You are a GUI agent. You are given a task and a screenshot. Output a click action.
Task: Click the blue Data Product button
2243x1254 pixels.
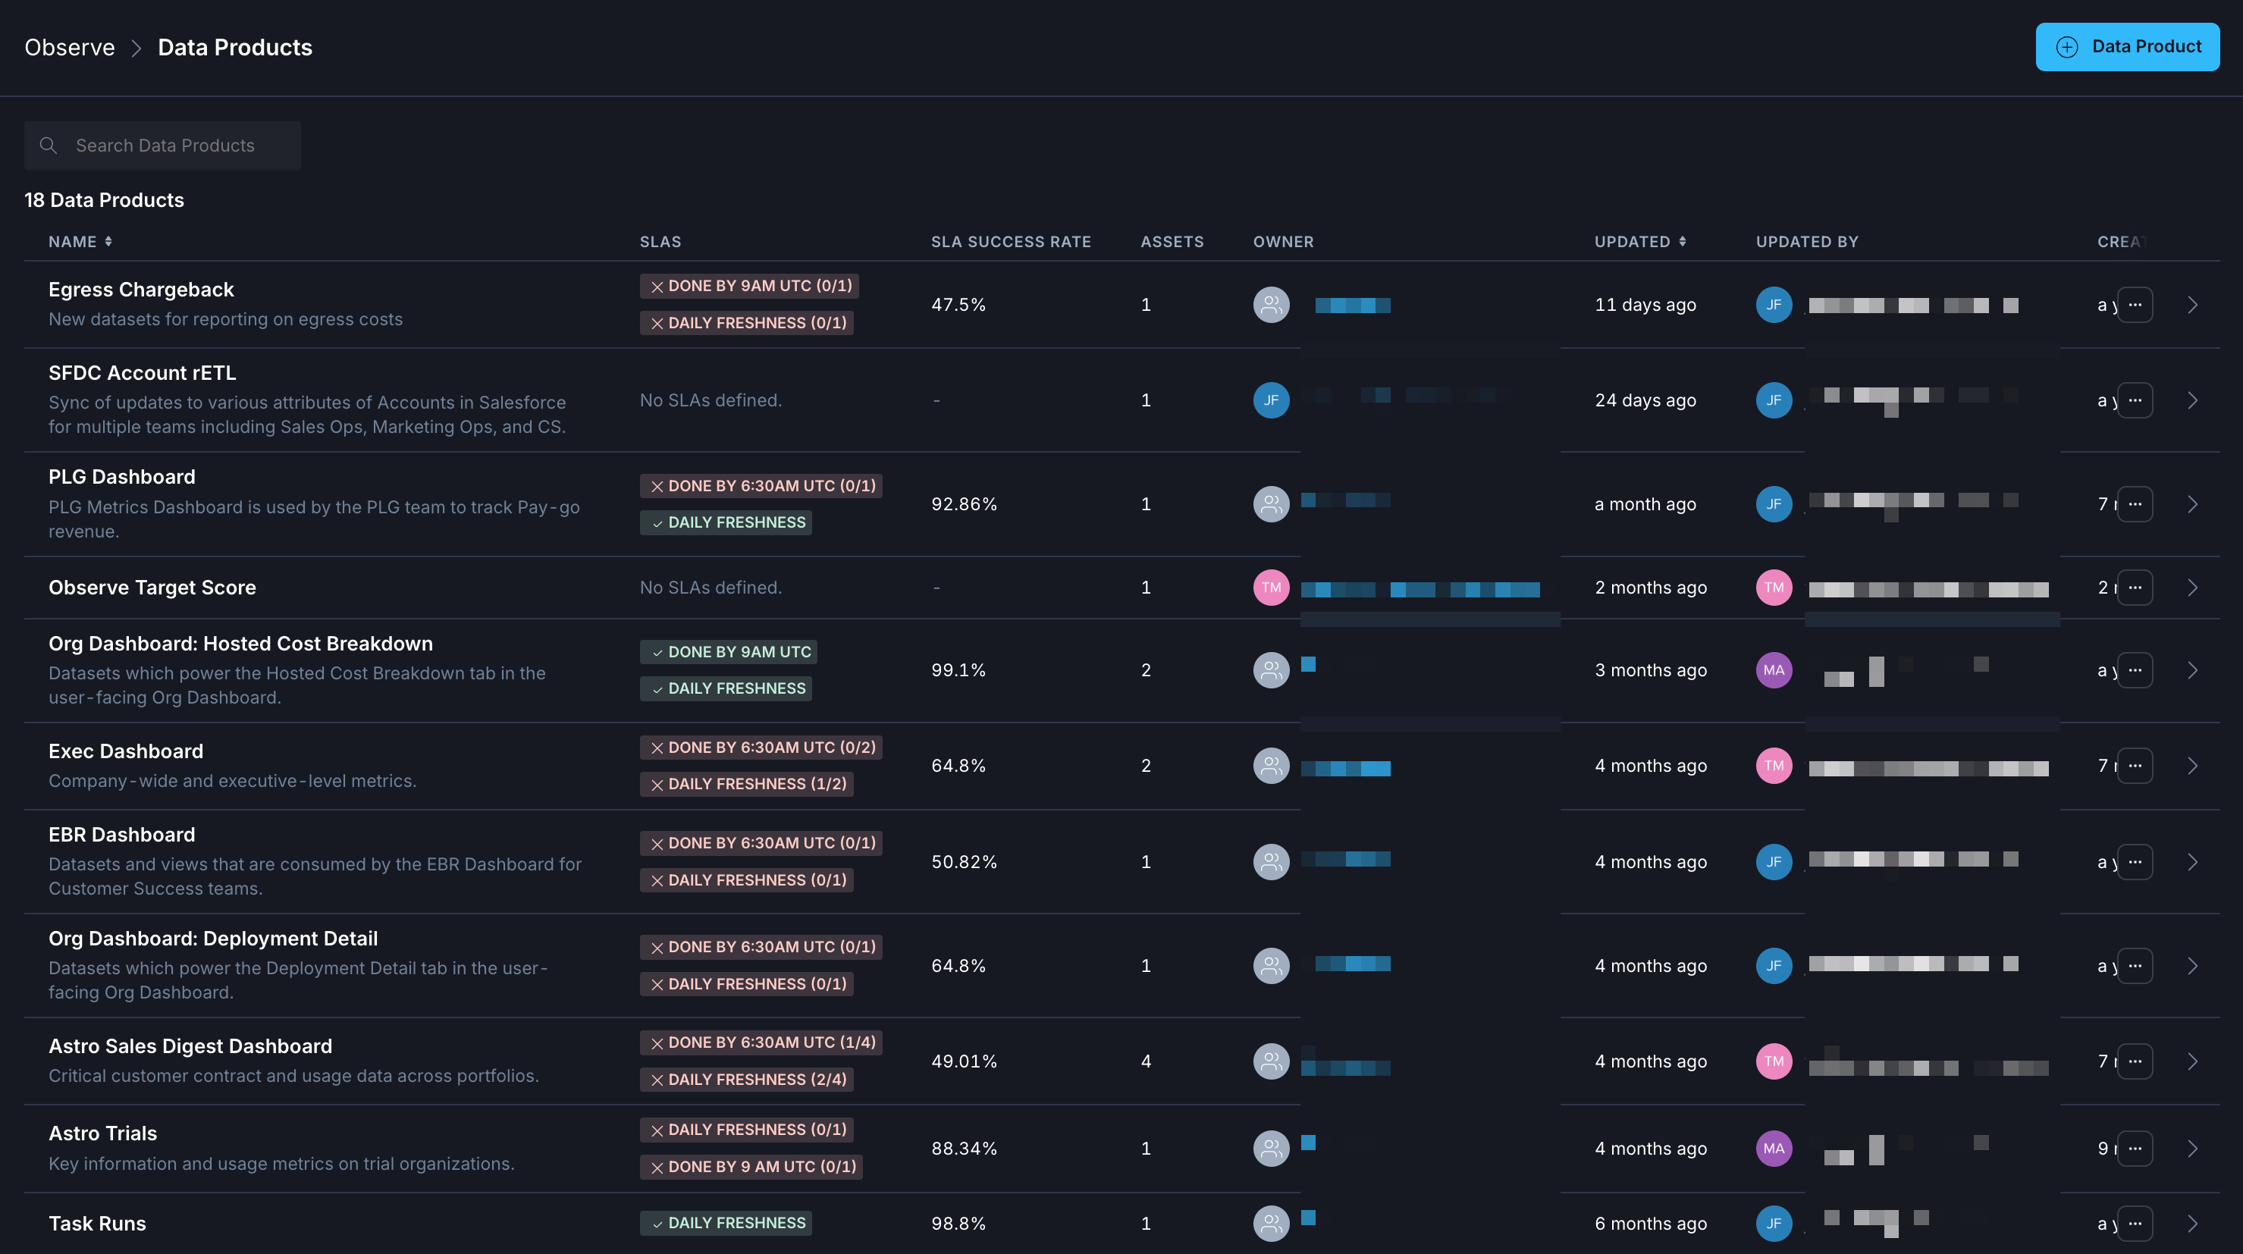[2126, 47]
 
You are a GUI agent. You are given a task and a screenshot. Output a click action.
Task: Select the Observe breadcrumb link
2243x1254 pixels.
[70, 47]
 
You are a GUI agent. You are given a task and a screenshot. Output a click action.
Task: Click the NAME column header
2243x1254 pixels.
[73, 242]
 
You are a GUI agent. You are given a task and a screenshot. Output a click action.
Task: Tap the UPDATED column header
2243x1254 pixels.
[1633, 242]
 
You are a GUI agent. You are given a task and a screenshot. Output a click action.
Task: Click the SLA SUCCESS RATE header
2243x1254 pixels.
[1010, 242]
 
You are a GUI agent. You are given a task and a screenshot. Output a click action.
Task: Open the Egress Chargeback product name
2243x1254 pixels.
[141, 289]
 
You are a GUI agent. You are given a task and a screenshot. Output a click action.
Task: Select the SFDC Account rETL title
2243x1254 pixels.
[142, 373]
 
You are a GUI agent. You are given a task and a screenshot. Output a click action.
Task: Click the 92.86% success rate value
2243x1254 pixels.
[964, 504]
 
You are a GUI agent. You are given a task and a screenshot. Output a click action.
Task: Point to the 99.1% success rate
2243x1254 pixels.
[958, 670]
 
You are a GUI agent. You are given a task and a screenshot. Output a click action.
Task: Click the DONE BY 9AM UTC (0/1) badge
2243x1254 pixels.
[750, 287]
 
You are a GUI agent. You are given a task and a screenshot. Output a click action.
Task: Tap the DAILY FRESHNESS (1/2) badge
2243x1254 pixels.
[746, 785]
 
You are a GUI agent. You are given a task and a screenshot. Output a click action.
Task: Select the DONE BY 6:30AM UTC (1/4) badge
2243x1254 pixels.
[761, 1042]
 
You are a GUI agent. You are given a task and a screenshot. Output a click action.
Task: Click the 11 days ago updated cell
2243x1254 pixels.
[1645, 305]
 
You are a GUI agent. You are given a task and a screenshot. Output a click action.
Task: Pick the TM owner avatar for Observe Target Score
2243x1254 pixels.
[1270, 588]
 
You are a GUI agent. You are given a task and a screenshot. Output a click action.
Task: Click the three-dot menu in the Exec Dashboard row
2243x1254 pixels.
[2134, 767]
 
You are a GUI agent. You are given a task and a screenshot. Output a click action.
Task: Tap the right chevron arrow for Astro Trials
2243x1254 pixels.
[2192, 1149]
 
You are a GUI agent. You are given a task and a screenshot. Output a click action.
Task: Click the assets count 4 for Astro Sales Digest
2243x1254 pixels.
[1146, 1061]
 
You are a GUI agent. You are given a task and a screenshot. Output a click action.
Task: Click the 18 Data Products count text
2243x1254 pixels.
[105, 200]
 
